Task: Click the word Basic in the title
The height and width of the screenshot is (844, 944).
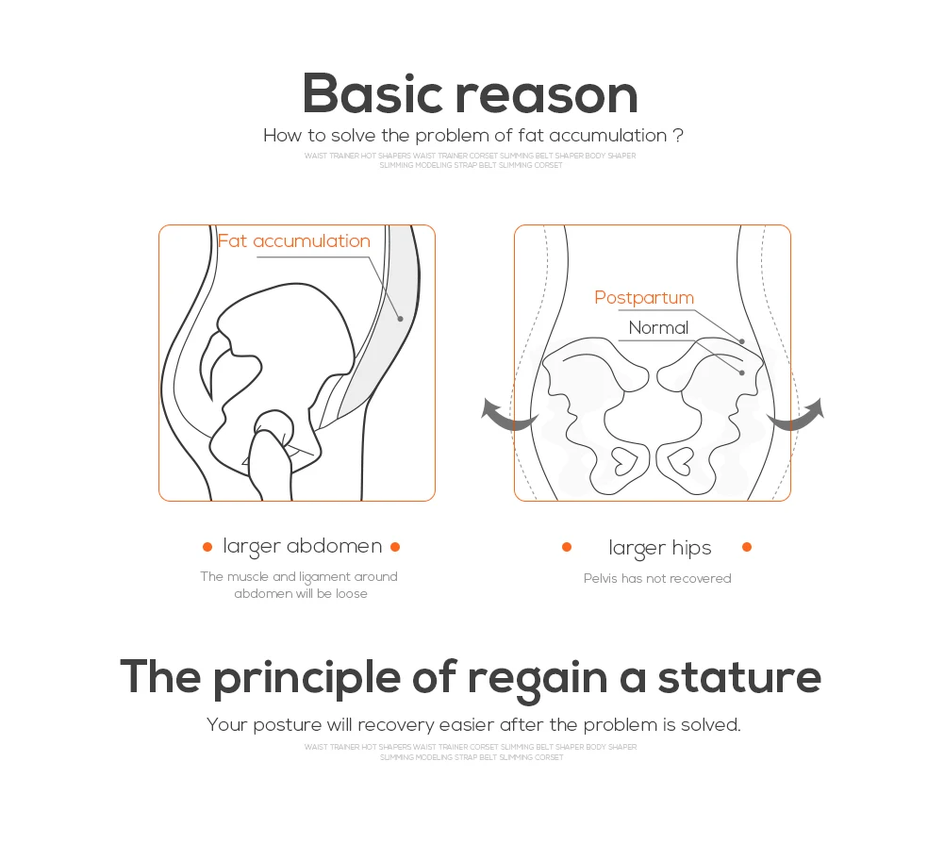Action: click(377, 94)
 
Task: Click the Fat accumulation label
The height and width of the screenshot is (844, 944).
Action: click(294, 241)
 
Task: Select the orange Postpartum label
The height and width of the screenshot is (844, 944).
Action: click(644, 298)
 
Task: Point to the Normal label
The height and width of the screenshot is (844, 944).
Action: click(658, 328)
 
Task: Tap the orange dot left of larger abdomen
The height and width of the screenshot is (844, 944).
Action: click(207, 547)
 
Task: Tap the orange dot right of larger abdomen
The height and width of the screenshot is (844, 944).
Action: click(395, 547)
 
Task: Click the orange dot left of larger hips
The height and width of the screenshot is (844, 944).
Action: click(567, 547)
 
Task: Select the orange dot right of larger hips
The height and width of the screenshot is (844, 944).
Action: click(747, 547)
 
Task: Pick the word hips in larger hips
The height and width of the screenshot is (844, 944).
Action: click(692, 549)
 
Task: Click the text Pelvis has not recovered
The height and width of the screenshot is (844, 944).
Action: click(657, 578)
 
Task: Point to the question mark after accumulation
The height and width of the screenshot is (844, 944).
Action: click(678, 135)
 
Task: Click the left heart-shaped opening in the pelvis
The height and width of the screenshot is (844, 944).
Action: click(623, 462)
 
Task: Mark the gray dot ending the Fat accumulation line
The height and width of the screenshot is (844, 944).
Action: click(400, 319)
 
